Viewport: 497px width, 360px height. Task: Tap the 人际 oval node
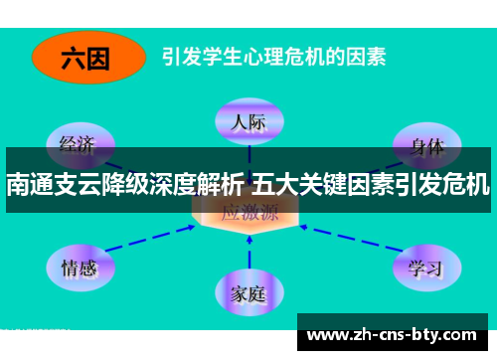[248, 123]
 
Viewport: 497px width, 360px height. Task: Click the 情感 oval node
[80, 266]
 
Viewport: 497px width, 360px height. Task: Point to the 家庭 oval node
[248, 293]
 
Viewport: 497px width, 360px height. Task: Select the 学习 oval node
[424, 266]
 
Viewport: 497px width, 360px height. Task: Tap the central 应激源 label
[248, 211]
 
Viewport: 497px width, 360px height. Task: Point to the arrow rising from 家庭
[248, 253]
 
